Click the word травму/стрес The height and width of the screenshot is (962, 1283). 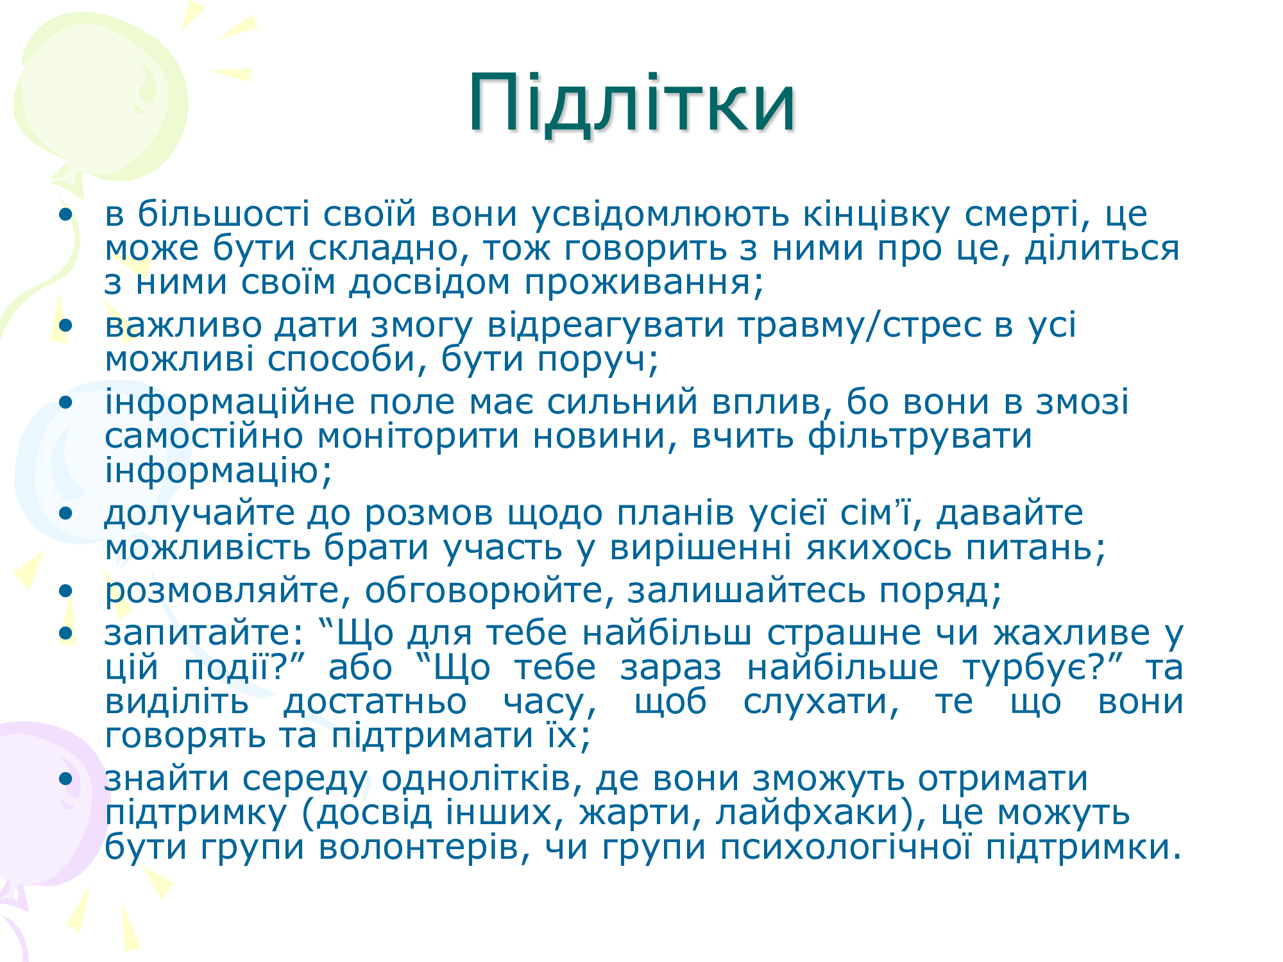coord(859,325)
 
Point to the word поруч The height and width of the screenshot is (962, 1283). coord(597,359)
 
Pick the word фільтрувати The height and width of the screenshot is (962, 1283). coord(920,436)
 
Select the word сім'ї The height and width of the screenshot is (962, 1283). coord(881,513)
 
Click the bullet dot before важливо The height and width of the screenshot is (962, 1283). coord(65,326)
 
